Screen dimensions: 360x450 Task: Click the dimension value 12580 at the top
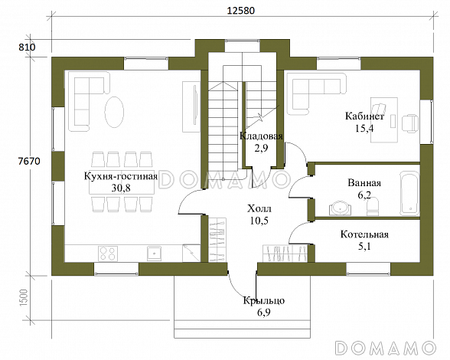240,11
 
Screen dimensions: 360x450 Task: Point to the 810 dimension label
28,47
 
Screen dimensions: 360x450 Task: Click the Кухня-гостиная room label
120,176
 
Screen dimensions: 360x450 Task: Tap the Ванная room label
364,184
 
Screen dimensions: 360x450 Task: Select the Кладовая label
262,136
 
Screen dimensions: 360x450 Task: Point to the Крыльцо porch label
264,301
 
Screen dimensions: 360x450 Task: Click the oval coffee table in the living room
116,112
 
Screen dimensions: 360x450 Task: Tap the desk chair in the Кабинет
410,120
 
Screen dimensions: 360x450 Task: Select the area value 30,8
121,187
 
